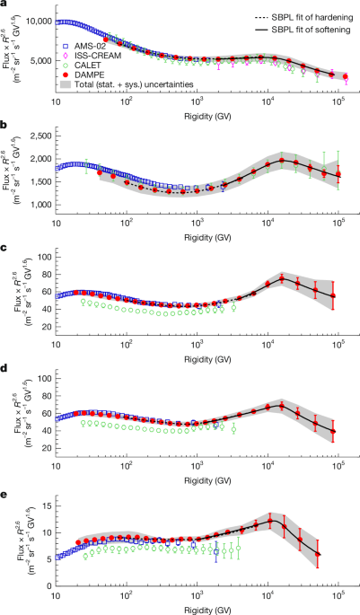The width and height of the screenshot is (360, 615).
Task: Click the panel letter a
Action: (4, 5)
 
